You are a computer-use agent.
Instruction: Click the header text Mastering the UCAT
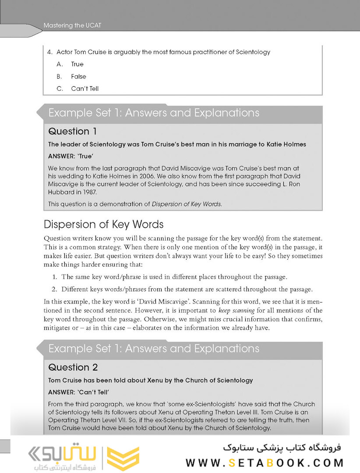[x=72, y=26]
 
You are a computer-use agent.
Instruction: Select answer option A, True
[x=78, y=64]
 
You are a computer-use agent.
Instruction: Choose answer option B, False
[x=78, y=76]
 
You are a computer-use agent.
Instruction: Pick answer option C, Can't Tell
[x=85, y=88]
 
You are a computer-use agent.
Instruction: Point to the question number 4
[x=49, y=52]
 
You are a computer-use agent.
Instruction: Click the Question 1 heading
[x=73, y=131]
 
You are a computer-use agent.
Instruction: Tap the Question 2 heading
[x=73, y=367]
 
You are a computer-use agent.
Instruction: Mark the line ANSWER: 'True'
[x=71, y=156]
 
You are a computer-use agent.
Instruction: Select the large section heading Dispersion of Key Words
[x=104, y=225]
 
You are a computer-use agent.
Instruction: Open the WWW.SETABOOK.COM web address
[x=265, y=462]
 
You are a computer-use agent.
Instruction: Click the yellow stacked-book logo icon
[x=124, y=459]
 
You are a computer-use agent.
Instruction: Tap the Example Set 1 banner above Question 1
[x=154, y=113]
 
